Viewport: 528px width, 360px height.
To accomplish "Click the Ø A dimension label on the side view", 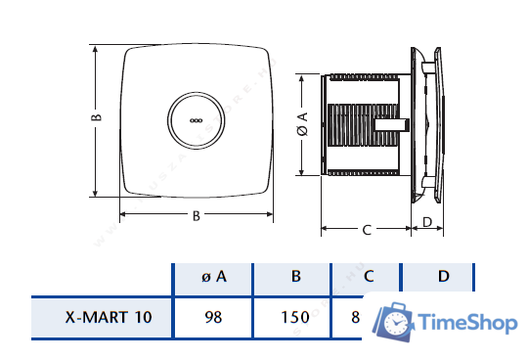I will pos(302,126).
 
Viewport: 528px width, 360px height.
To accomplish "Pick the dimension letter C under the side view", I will pos(366,230).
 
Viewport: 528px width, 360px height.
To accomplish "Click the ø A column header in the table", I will pos(213,277).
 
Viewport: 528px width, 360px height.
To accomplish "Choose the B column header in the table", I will pos(295,277).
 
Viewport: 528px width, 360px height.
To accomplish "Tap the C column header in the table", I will pos(369,277).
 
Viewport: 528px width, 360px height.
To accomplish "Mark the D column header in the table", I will pos(443,277).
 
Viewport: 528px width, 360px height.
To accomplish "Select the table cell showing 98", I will pos(213,317).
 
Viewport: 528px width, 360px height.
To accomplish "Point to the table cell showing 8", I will pos(356,317).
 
